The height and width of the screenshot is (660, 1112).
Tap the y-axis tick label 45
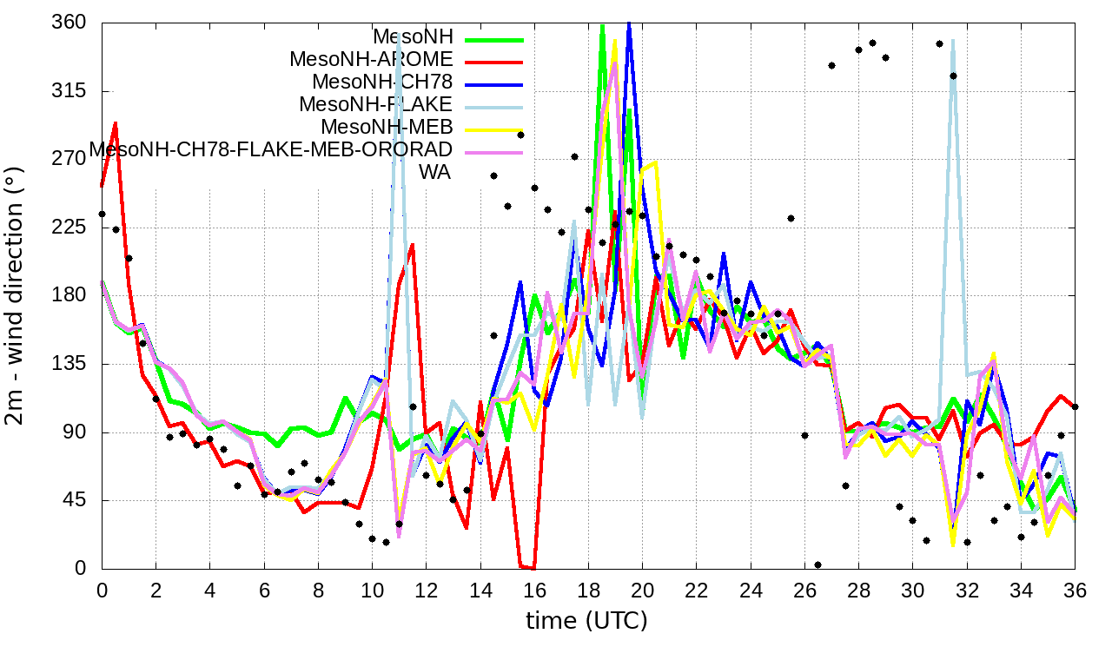[x=75, y=500]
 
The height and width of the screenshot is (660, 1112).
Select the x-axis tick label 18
[x=588, y=590]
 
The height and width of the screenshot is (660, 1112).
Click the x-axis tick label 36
[x=1075, y=590]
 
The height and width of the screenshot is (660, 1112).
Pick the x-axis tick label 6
[x=264, y=590]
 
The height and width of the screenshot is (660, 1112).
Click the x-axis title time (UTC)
[x=587, y=621]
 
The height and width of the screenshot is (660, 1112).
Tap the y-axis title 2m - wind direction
[x=19, y=295]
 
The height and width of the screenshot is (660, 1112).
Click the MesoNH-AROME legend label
[x=371, y=60]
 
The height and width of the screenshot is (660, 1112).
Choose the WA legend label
[x=434, y=172]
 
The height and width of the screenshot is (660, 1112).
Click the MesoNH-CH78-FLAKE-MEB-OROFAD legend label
[x=271, y=148]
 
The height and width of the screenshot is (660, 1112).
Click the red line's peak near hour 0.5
[x=116, y=123]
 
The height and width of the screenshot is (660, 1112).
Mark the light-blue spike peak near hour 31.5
[x=953, y=40]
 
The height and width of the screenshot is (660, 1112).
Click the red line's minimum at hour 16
[x=533, y=569]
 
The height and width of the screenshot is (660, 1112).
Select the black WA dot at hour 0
[x=102, y=214]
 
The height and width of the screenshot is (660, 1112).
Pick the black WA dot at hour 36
[x=1075, y=406]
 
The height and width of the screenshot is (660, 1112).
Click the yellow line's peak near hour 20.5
[x=655, y=162]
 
